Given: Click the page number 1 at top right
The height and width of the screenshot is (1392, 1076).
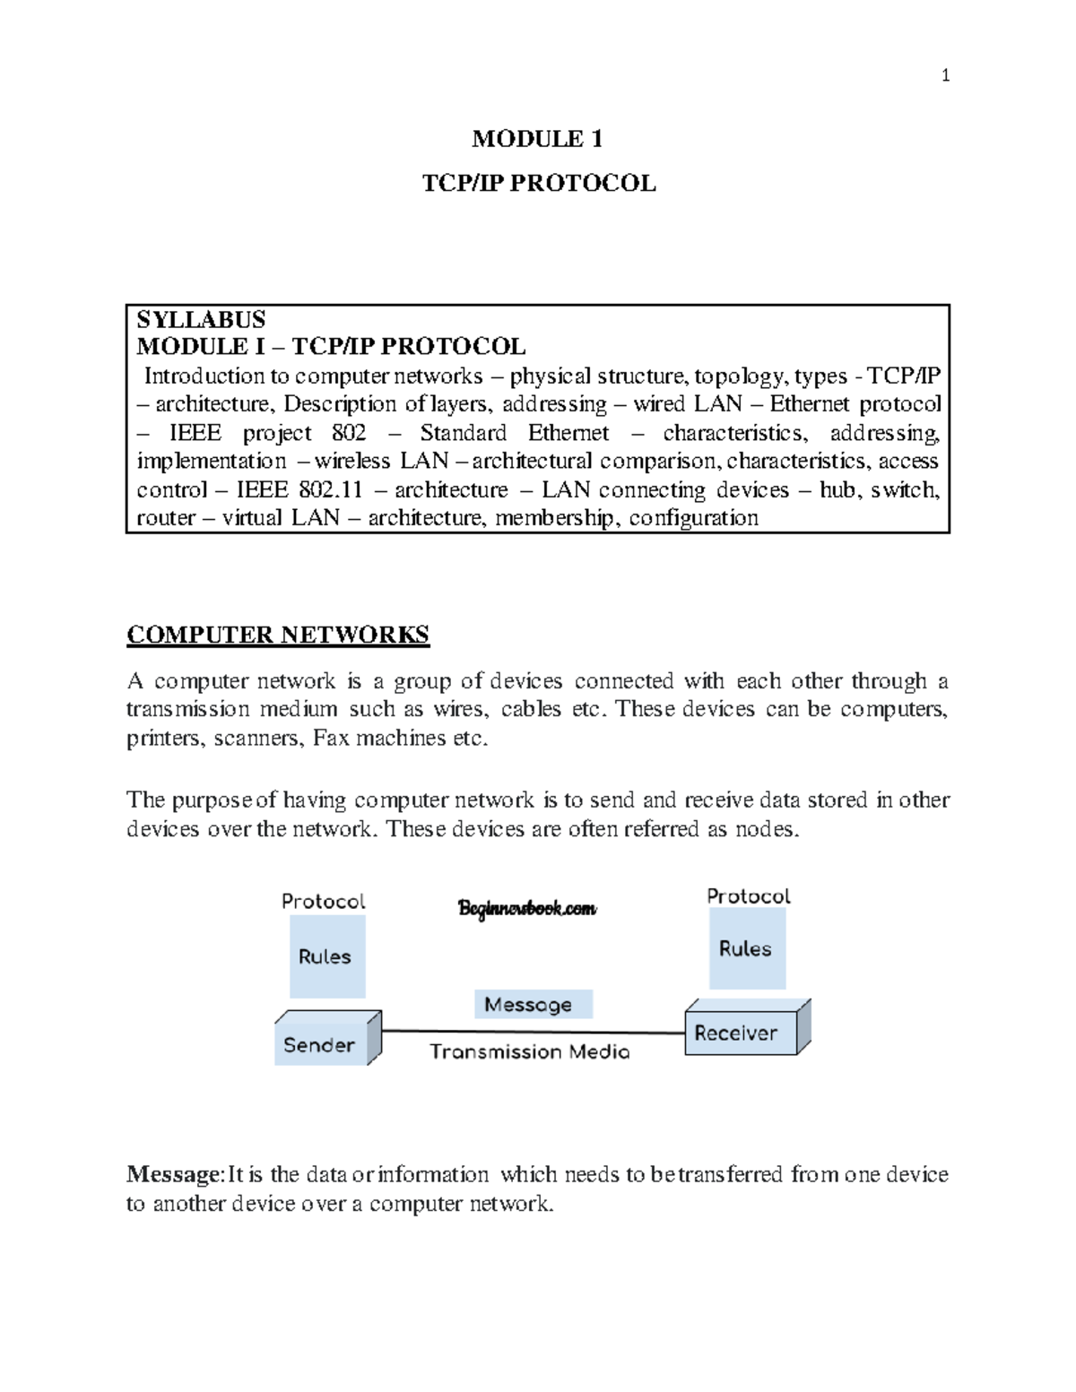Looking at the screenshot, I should point(945,75).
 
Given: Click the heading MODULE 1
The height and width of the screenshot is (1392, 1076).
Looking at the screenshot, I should point(537,139).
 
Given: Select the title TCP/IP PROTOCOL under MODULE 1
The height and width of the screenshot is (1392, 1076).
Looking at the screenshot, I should point(539,184).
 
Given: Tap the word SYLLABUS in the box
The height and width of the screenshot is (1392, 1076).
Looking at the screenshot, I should point(201,320).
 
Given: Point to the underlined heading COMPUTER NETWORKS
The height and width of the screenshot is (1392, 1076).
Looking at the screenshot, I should point(278,635).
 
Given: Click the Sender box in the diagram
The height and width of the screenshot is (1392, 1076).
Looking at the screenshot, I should point(320,1045).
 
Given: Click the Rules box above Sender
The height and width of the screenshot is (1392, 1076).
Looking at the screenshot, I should point(326,956).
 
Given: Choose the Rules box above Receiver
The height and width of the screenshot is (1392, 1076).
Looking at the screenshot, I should point(746,948).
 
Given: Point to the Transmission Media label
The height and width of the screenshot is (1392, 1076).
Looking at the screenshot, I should point(529,1052).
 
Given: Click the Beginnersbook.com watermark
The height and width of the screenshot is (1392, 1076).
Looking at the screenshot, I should point(527,909).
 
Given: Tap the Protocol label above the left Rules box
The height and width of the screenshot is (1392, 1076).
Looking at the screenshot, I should point(324,901).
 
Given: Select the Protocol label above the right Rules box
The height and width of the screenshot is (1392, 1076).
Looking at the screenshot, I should point(749,896).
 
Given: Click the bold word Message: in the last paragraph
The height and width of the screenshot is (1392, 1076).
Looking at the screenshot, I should point(174,1174).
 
